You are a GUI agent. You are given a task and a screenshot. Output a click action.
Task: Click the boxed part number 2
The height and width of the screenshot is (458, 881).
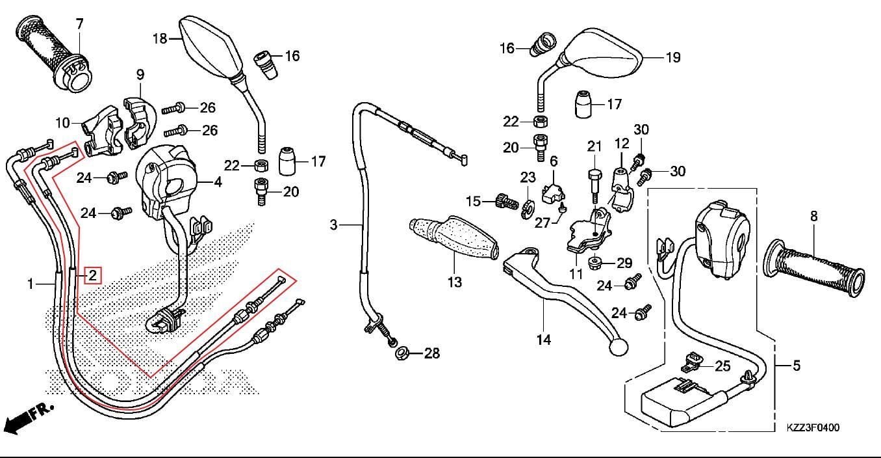(93, 275)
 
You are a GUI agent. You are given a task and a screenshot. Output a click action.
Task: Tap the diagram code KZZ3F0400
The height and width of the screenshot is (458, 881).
(813, 427)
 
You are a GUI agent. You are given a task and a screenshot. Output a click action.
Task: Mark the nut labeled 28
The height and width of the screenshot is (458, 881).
(402, 354)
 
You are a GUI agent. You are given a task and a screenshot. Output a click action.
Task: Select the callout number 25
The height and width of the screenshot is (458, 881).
(722, 366)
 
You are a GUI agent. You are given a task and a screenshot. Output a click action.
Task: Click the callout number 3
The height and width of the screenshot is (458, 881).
(334, 225)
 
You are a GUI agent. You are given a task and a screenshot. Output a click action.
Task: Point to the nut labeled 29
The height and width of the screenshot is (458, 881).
(594, 263)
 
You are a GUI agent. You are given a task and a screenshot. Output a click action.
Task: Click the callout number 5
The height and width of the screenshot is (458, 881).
(797, 366)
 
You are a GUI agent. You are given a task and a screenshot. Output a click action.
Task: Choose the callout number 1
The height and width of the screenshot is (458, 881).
(30, 284)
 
